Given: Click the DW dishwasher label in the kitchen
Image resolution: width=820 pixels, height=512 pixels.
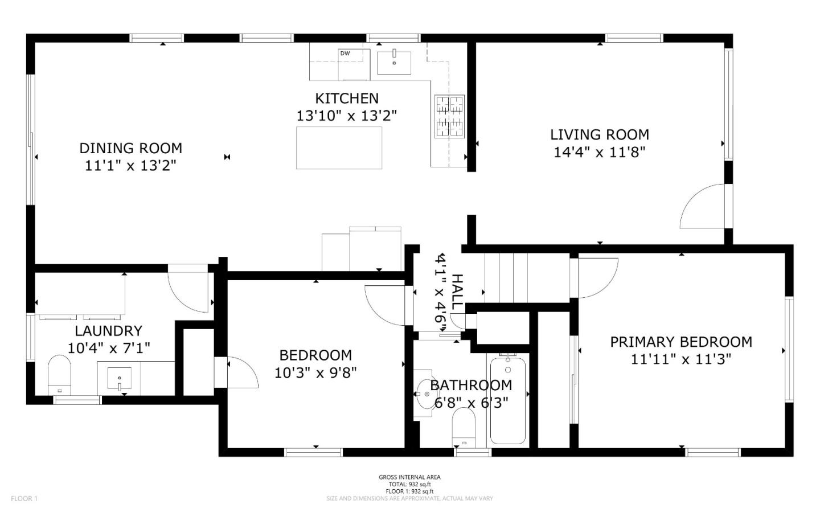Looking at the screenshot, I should (345, 54).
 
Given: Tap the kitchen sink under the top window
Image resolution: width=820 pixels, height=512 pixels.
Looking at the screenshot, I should (394, 62).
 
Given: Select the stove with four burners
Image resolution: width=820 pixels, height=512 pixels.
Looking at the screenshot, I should (450, 116).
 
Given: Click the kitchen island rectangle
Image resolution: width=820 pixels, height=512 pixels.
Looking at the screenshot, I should (339, 148).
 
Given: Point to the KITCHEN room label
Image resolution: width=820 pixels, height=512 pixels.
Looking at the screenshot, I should (346, 98).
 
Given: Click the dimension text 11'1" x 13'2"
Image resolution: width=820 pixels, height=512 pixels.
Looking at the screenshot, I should (130, 166).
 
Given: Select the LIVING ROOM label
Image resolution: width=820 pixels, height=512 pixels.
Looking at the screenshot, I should (599, 134).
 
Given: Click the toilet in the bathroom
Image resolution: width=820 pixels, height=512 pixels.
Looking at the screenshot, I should (464, 428).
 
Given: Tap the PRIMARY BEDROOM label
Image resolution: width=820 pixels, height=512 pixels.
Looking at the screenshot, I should (681, 342).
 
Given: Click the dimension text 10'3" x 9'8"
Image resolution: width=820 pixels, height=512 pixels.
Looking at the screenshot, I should (315, 372).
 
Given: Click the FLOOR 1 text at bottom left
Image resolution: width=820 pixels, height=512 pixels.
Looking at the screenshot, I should (24, 498).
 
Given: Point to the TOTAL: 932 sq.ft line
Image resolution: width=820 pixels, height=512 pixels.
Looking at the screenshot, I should (409, 484).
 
